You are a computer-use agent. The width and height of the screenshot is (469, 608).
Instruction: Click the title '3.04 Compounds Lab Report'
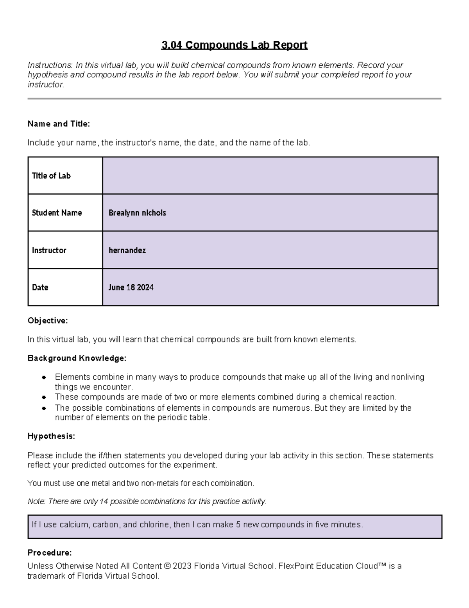234,45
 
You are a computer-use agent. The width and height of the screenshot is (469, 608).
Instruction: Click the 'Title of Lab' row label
51,176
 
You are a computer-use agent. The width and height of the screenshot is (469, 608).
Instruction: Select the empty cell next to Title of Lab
270,175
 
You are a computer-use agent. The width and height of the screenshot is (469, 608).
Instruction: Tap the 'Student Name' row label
57,213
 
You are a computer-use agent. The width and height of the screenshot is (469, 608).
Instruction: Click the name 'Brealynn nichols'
137,213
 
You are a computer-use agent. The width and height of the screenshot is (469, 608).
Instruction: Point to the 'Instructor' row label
49,250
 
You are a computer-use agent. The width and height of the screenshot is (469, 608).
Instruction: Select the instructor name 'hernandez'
127,250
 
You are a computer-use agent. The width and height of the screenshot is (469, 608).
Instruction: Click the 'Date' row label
40,287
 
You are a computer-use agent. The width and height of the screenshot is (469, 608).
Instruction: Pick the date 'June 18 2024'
131,287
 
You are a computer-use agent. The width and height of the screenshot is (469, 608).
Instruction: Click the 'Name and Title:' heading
59,124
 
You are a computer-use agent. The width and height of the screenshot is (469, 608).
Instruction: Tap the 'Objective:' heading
48,321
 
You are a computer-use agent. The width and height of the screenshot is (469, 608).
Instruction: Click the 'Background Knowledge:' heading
77,358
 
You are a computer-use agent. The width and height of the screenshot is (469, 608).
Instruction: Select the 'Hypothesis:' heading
51,436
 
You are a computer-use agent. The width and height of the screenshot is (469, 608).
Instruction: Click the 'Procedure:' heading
50,553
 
